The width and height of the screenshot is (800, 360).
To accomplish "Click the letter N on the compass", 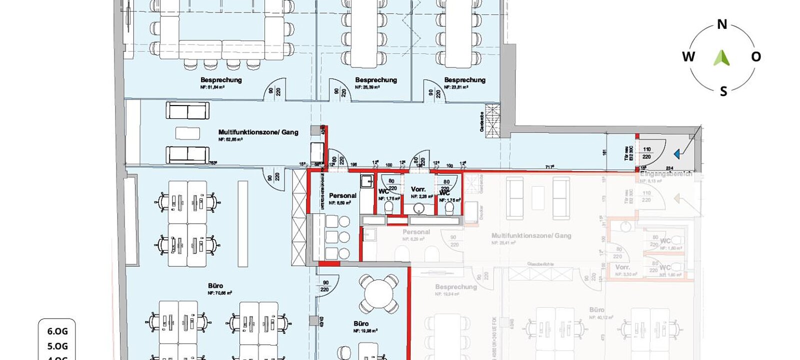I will pos(722,24).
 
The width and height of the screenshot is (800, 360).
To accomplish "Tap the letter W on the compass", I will pos(688,56).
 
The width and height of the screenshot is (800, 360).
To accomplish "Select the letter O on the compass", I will pos(756,56).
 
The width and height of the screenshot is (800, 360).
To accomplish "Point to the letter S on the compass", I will pos(723,91).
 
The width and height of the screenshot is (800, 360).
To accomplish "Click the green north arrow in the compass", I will pos(721,57).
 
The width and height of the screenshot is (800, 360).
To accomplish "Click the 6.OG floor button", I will pos(57,331).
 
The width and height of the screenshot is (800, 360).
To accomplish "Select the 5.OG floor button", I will pos(57,346).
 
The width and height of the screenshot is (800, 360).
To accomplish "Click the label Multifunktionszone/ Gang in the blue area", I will pos(258,132).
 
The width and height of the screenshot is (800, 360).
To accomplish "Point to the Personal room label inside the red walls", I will pos(342,195).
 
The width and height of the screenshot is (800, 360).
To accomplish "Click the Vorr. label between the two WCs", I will pos(418,189).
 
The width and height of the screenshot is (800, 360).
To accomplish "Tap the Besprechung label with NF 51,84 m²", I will pos(221,80).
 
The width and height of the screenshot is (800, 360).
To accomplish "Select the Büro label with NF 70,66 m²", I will pos(215,286).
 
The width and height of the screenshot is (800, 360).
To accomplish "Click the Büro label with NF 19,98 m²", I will pos(361,323).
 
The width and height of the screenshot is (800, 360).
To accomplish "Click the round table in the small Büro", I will pos(378,294).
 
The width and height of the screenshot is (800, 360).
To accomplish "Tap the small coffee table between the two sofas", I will pos(187,133).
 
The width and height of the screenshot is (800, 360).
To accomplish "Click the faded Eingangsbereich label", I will pos(665,174).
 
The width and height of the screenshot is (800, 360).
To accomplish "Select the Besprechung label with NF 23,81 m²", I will pos(464,80).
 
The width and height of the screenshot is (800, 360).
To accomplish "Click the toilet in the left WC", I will pos(389,206).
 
